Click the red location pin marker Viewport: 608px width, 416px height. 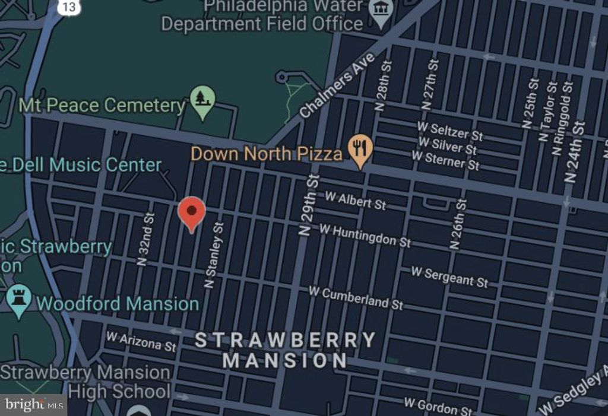click(192, 212)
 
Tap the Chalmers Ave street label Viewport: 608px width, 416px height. click(337, 85)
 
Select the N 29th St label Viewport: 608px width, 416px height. click(309, 205)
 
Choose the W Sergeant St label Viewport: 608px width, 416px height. click(449, 276)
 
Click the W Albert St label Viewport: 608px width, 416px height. click(354, 201)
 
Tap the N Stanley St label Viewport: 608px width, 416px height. click(214, 255)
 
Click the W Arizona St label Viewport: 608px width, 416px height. click(141, 341)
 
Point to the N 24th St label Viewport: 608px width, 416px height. click(575, 152)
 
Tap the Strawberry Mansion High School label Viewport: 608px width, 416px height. click(86, 382)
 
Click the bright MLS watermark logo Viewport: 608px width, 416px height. click(33, 405)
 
